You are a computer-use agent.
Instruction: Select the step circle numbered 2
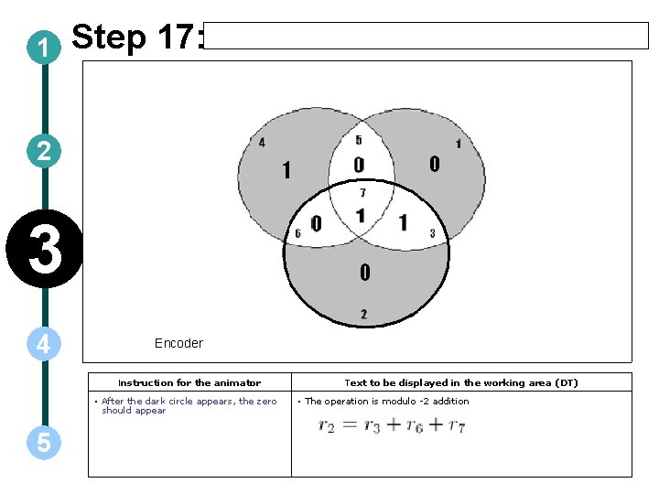tap(44, 151)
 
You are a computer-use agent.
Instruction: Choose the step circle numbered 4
tap(44, 344)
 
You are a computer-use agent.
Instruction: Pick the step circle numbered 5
tap(44, 443)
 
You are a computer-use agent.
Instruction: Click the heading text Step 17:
tap(137, 38)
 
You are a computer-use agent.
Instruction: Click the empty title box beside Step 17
tap(427, 36)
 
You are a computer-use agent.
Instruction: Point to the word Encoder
tap(178, 343)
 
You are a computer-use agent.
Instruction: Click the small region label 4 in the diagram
tap(263, 142)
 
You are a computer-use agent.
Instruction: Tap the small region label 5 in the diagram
tap(359, 140)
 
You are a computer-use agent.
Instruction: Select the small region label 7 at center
tap(362, 193)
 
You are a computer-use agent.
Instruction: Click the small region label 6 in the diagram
tap(297, 234)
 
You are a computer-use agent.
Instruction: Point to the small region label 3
tap(432, 234)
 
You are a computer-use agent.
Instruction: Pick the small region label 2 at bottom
tap(363, 315)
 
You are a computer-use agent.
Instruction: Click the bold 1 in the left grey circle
tap(286, 171)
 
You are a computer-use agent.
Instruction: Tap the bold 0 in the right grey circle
tap(434, 164)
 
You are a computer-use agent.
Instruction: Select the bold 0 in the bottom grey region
tap(364, 272)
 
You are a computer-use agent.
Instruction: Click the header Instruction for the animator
tap(189, 382)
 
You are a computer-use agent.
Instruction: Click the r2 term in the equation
tap(326, 426)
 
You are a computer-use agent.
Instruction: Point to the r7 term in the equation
tap(456, 426)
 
